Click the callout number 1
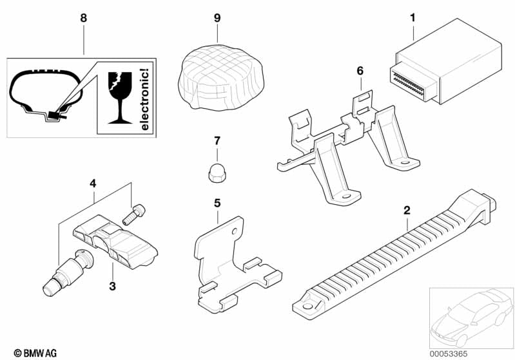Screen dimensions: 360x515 [412, 18]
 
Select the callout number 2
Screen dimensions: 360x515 [407, 210]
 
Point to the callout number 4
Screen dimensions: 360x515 [93, 183]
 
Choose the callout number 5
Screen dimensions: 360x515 [217, 203]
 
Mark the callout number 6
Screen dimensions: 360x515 [360, 70]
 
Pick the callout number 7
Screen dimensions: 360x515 [217, 140]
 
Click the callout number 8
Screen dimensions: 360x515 [83, 18]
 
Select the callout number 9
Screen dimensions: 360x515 [217, 18]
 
